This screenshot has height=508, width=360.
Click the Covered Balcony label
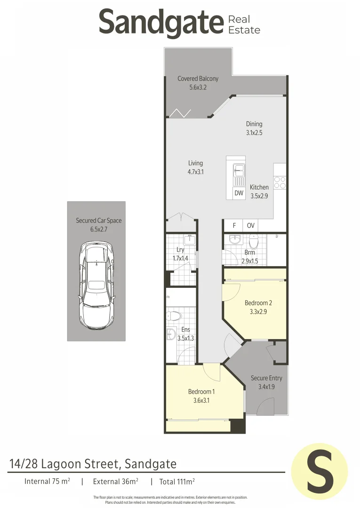[198, 79]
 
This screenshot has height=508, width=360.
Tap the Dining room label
[254, 124]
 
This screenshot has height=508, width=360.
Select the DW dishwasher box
[239, 193]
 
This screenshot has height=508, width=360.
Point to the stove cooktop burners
[280, 182]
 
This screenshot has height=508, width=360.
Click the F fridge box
[234, 226]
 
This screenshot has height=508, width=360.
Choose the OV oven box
[251, 226]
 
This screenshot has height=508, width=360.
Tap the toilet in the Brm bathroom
[254, 242]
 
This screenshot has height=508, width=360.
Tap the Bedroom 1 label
[201, 392]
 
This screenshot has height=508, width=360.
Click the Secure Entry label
[266, 378]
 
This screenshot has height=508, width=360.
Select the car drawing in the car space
[96, 286]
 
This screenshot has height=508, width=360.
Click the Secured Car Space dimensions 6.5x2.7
[99, 229]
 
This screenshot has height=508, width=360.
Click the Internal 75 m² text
[47, 481]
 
